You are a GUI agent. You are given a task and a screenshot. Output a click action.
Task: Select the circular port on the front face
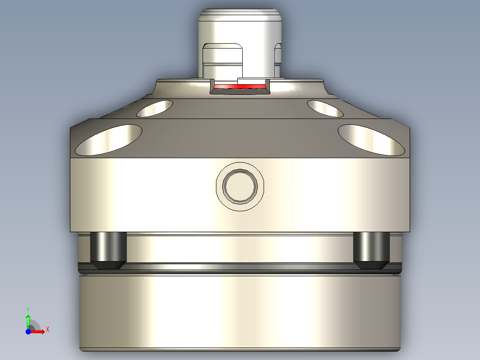[x=240, y=186]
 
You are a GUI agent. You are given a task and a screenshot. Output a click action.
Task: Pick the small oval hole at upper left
[x=155, y=108]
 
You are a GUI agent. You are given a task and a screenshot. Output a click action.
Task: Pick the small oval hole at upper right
[x=325, y=108]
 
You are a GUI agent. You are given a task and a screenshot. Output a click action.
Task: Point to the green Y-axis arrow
[x=28, y=320]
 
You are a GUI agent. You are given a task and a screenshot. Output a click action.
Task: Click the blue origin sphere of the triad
[x=28, y=331]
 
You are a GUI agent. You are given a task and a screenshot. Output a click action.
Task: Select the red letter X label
[x=47, y=330]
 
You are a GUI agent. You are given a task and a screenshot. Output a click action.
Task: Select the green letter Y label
[x=28, y=309]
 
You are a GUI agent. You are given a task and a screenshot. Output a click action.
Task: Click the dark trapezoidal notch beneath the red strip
[x=240, y=91]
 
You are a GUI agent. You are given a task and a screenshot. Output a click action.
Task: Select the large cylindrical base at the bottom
[x=240, y=312]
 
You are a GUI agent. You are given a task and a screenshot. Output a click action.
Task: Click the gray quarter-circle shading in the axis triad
[x=35, y=326]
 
